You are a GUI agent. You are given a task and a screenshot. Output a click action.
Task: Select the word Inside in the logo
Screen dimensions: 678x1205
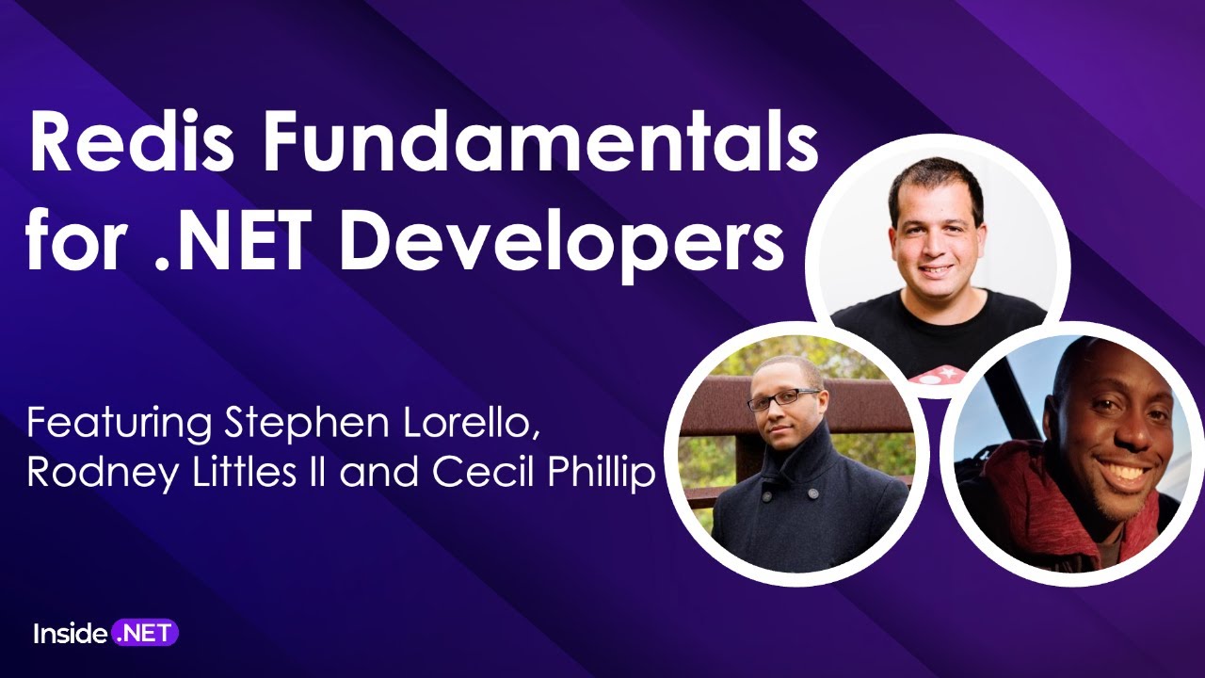pos(70,634)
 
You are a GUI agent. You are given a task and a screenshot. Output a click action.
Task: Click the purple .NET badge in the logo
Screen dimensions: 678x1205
pos(145,633)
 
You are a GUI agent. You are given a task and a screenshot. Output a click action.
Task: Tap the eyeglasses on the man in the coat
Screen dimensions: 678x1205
pos(783,398)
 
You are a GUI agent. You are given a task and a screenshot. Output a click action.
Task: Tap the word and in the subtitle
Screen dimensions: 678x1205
pos(380,473)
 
